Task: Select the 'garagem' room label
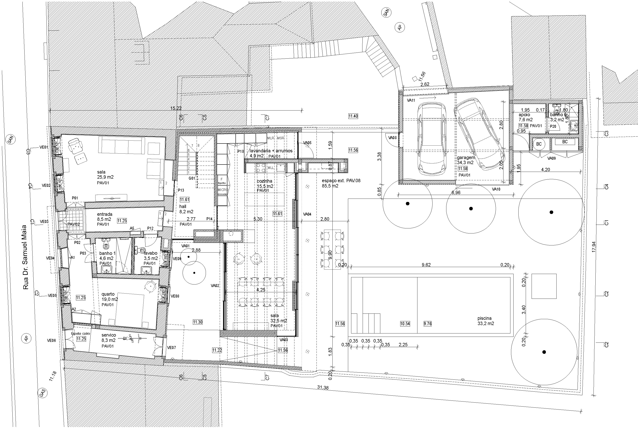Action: click(x=466, y=158)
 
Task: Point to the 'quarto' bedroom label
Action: click(x=108, y=294)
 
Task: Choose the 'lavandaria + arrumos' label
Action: click(x=271, y=151)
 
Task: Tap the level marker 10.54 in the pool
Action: click(x=405, y=324)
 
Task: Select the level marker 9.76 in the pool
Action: click(x=428, y=324)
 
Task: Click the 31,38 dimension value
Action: click(x=323, y=388)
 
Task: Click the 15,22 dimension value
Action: click(x=176, y=108)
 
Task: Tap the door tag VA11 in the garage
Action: click(x=411, y=100)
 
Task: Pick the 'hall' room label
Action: click(x=183, y=207)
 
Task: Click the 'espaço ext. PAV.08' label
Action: click(x=341, y=181)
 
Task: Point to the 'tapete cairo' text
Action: click(x=80, y=334)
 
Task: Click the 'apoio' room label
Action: click(x=524, y=115)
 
